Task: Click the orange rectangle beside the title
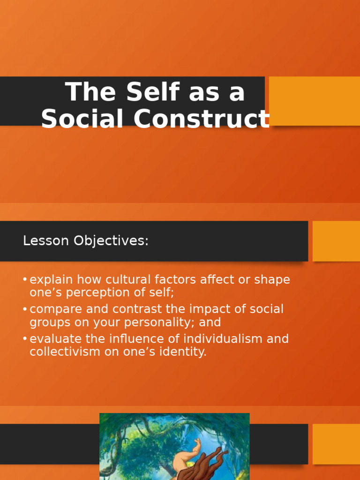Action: click(315, 101)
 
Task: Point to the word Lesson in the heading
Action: click(46, 240)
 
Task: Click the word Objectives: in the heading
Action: click(111, 241)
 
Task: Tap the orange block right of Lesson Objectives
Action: click(336, 241)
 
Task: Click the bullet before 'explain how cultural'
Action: click(25, 279)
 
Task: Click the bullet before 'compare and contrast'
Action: click(25, 309)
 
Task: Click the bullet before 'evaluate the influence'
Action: click(25, 338)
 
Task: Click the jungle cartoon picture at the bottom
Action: click(174, 446)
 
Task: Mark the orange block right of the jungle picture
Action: click(336, 444)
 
